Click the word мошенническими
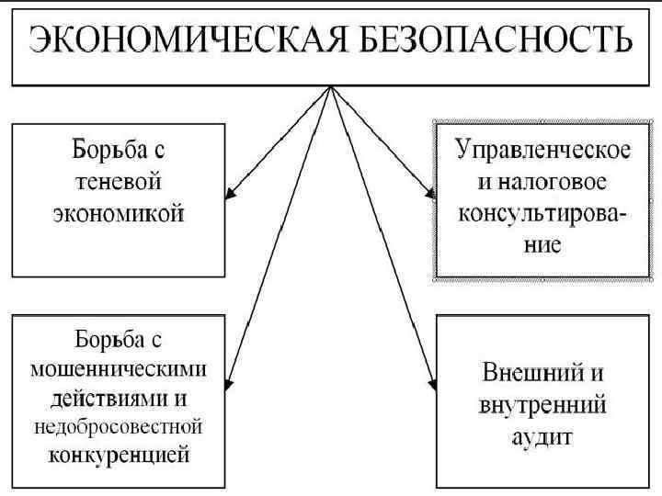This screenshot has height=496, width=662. pyautogui.click(x=119, y=371)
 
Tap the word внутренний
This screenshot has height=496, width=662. pyautogui.click(x=542, y=403)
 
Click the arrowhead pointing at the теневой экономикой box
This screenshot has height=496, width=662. pyautogui.click(x=232, y=192)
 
